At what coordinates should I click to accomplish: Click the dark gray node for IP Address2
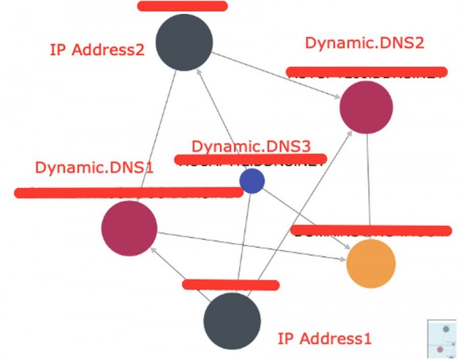click(185, 42)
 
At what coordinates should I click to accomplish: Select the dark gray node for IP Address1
click(231, 321)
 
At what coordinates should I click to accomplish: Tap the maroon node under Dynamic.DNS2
click(366, 106)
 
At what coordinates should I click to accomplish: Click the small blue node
click(252, 181)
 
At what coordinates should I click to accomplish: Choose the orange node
click(371, 263)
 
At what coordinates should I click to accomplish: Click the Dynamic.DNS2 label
click(364, 44)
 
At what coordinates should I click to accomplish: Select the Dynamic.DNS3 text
click(250, 146)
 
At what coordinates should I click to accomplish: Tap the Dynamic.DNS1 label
click(94, 167)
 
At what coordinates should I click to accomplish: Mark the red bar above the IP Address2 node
click(183, 7)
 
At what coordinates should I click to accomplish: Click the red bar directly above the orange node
click(372, 231)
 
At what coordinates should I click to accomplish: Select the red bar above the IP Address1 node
click(231, 284)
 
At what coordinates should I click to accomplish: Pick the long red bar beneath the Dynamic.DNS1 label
click(128, 192)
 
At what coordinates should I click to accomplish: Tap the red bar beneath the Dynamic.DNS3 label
click(250, 159)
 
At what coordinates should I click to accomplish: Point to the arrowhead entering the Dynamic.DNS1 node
click(152, 250)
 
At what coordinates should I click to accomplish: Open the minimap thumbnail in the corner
click(444, 339)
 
